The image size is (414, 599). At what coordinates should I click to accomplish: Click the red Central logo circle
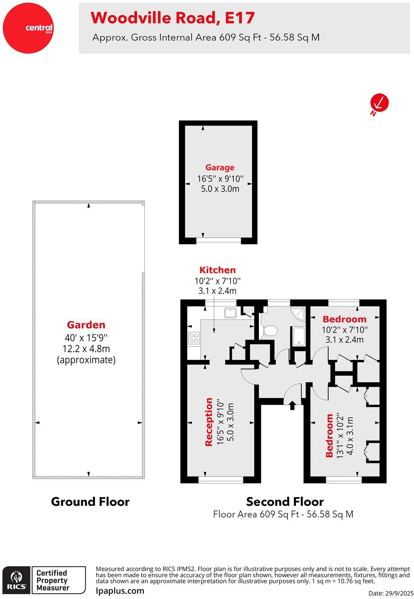pos(27,27)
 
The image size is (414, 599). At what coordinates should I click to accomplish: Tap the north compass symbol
pos(379,103)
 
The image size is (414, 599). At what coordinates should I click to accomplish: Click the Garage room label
pos(220,168)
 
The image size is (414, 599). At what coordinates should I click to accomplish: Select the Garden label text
pos(86,325)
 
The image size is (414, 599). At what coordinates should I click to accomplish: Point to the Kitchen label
pos(218,270)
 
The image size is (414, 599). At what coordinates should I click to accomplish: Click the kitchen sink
pos(230,313)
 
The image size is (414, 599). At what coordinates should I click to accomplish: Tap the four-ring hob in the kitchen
pos(194,338)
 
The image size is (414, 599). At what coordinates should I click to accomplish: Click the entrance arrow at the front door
pos(292,405)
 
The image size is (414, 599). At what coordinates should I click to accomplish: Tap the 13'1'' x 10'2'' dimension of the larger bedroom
pos(340,435)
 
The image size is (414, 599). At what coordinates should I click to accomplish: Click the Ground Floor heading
pos(90,501)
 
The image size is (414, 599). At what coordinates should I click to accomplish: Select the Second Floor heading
pos(285,501)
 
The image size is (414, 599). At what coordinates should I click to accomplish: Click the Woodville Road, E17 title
pos(173,18)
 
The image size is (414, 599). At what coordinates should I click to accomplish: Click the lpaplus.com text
pos(120,591)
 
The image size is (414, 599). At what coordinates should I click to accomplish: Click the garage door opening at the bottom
pos(219,240)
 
